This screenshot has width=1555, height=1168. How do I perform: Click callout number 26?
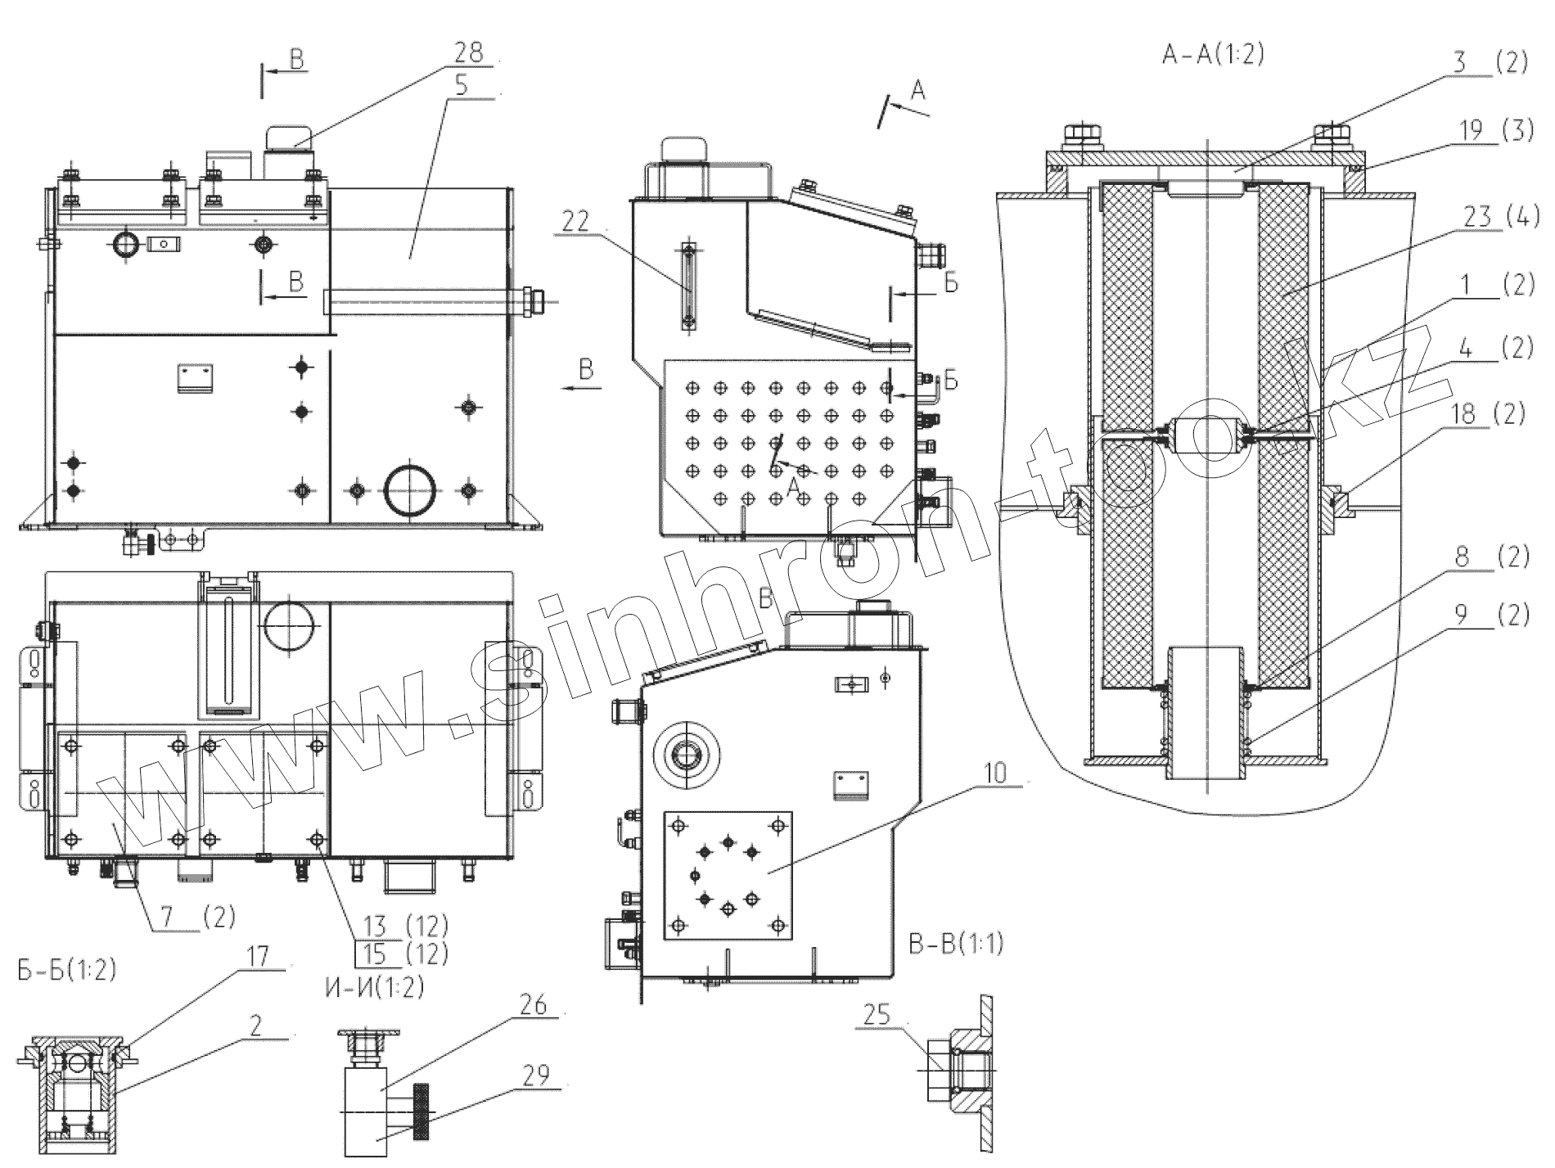coord(533,1005)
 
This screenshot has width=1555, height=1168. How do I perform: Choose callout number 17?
coord(258,956)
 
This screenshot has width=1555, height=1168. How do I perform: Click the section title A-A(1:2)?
coord(1213,56)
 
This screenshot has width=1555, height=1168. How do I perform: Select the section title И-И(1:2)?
coord(369,988)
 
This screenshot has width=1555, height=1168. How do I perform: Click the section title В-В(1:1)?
coord(956,944)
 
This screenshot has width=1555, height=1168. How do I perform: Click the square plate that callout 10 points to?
coord(728,875)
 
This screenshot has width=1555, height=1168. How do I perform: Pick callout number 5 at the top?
coord(462,86)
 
